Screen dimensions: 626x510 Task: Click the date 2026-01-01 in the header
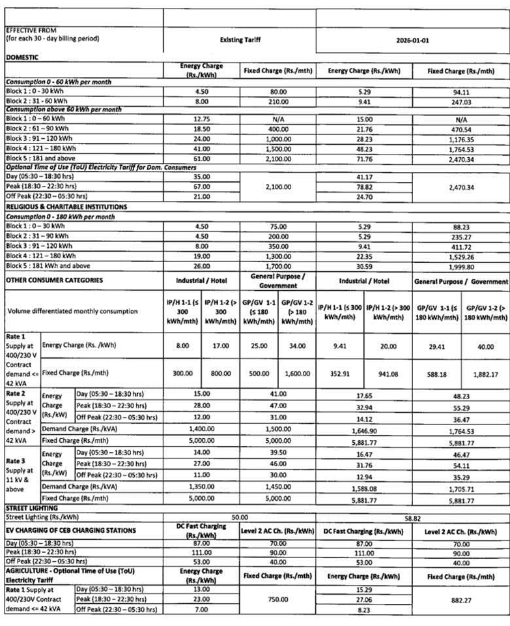point(413,39)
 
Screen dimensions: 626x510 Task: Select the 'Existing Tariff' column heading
point(239,39)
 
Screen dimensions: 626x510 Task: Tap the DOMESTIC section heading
point(22,57)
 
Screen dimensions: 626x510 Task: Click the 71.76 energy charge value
point(364,158)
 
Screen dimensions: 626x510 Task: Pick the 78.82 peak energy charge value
point(364,186)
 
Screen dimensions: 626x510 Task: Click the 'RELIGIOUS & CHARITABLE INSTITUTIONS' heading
point(66,207)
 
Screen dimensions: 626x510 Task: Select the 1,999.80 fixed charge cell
point(461,267)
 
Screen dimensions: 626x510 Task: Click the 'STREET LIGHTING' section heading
point(32,507)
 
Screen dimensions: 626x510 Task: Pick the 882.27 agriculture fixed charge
point(461,599)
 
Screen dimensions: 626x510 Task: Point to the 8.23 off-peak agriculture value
point(364,610)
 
